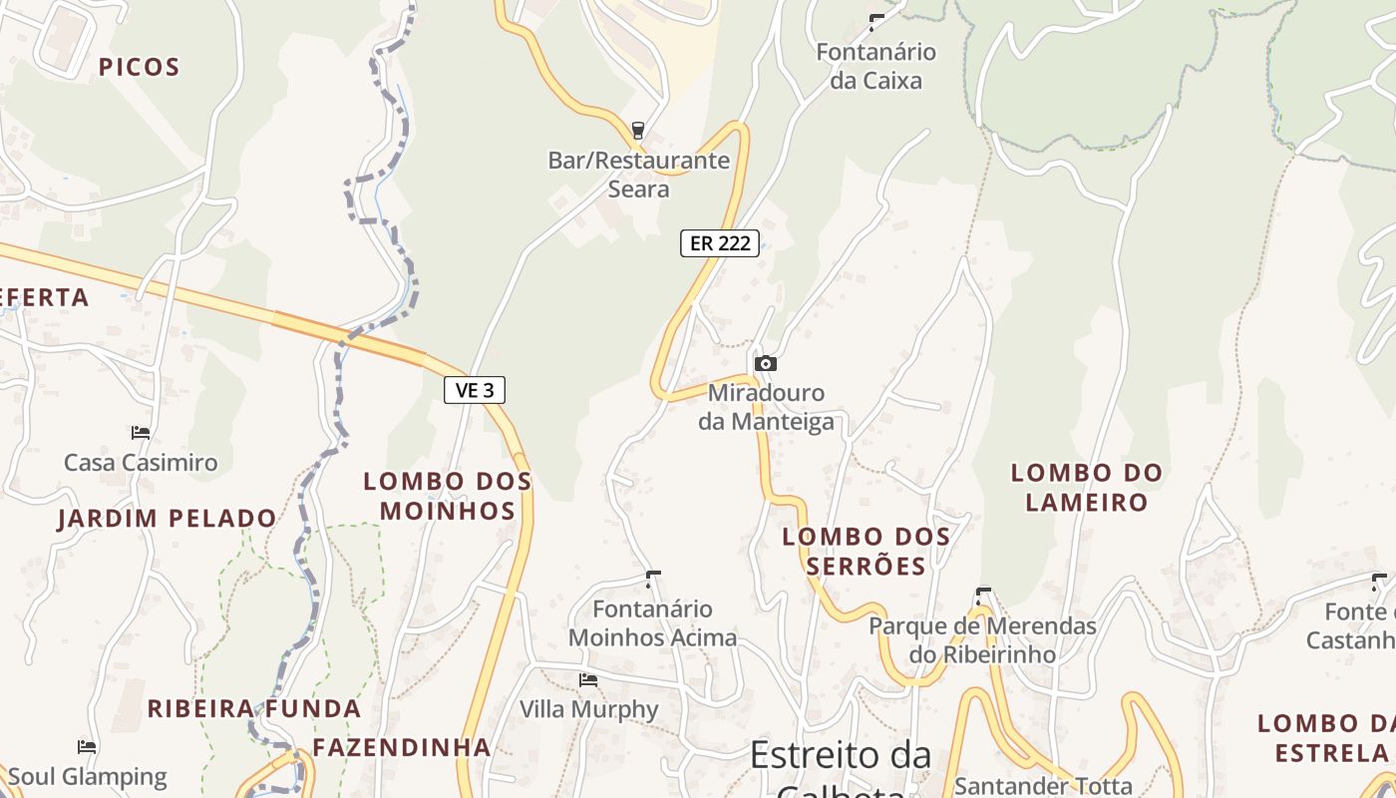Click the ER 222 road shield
[x=720, y=243]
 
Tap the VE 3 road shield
[x=475, y=390]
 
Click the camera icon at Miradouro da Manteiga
[x=765, y=363]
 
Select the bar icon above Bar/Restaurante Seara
[x=638, y=131]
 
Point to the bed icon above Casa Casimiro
[x=141, y=433]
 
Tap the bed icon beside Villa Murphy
[x=588, y=680]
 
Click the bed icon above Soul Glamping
[x=87, y=746]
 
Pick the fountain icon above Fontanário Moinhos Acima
[x=653, y=579]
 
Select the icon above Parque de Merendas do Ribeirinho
[x=982, y=597]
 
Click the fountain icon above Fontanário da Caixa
[x=876, y=22]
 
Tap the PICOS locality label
[x=139, y=68]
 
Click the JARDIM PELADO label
[x=167, y=519]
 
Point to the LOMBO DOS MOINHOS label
[x=447, y=496]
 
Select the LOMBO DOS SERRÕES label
[x=866, y=552]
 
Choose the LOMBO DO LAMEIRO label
[x=1087, y=487]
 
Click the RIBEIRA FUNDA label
[x=254, y=709]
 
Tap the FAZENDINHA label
[x=402, y=747]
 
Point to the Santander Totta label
[x=1043, y=786]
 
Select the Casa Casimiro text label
[x=141, y=463]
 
